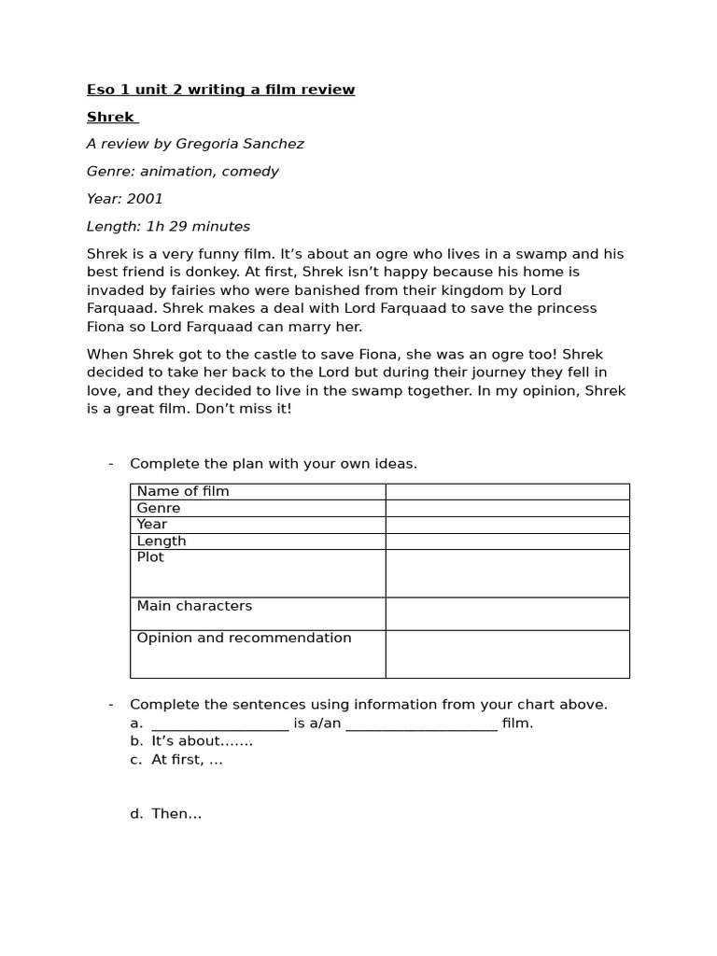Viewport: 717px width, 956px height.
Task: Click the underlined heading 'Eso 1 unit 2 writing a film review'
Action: pos(220,90)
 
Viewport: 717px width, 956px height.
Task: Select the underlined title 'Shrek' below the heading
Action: pos(110,117)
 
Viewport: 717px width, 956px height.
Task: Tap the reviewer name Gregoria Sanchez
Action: pos(240,144)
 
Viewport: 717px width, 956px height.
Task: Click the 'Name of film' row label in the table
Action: pos(183,491)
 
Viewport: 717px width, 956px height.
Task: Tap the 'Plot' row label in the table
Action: pos(150,557)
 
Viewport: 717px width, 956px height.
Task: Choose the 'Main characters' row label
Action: pos(194,606)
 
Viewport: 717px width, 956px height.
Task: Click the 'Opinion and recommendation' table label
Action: pos(244,639)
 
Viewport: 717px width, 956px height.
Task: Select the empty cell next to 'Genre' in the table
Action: pos(507,508)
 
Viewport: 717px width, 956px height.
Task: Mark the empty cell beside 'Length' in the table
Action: pos(507,541)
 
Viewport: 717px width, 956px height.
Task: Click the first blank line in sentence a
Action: pos(219,724)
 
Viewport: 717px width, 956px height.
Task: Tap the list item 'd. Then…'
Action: pos(166,814)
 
